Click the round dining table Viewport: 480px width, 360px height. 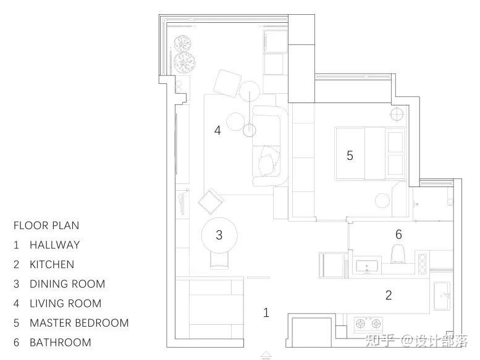click(x=219, y=235)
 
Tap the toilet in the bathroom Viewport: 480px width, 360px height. click(x=398, y=253)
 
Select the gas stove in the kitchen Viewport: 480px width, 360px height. click(x=368, y=324)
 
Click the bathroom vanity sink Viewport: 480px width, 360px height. click(x=367, y=267)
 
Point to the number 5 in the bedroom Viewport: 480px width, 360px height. click(x=350, y=156)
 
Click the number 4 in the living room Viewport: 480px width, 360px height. click(x=217, y=130)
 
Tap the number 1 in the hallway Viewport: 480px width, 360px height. click(x=266, y=312)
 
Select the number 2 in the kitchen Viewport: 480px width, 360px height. click(x=389, y=295)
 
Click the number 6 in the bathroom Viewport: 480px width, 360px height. click(x=398, y=234)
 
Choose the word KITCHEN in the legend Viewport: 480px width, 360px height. click(x=52, y=264)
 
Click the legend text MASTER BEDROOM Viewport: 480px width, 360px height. click(x=79, y=323)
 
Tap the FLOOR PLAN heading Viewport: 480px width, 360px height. click(x=46, y=226)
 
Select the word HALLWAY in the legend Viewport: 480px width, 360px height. click(x=55, y=245)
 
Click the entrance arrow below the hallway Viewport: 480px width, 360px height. click(x=266, y=355)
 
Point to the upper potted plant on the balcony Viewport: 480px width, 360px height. click(x=183, y=44)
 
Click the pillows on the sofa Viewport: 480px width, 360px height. click(x=269, y=161)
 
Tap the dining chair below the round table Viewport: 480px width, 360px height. click(x=219, y=261)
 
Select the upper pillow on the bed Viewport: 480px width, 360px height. click(x=395, y=142)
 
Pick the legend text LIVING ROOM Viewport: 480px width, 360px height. click(x=65, y=303)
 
